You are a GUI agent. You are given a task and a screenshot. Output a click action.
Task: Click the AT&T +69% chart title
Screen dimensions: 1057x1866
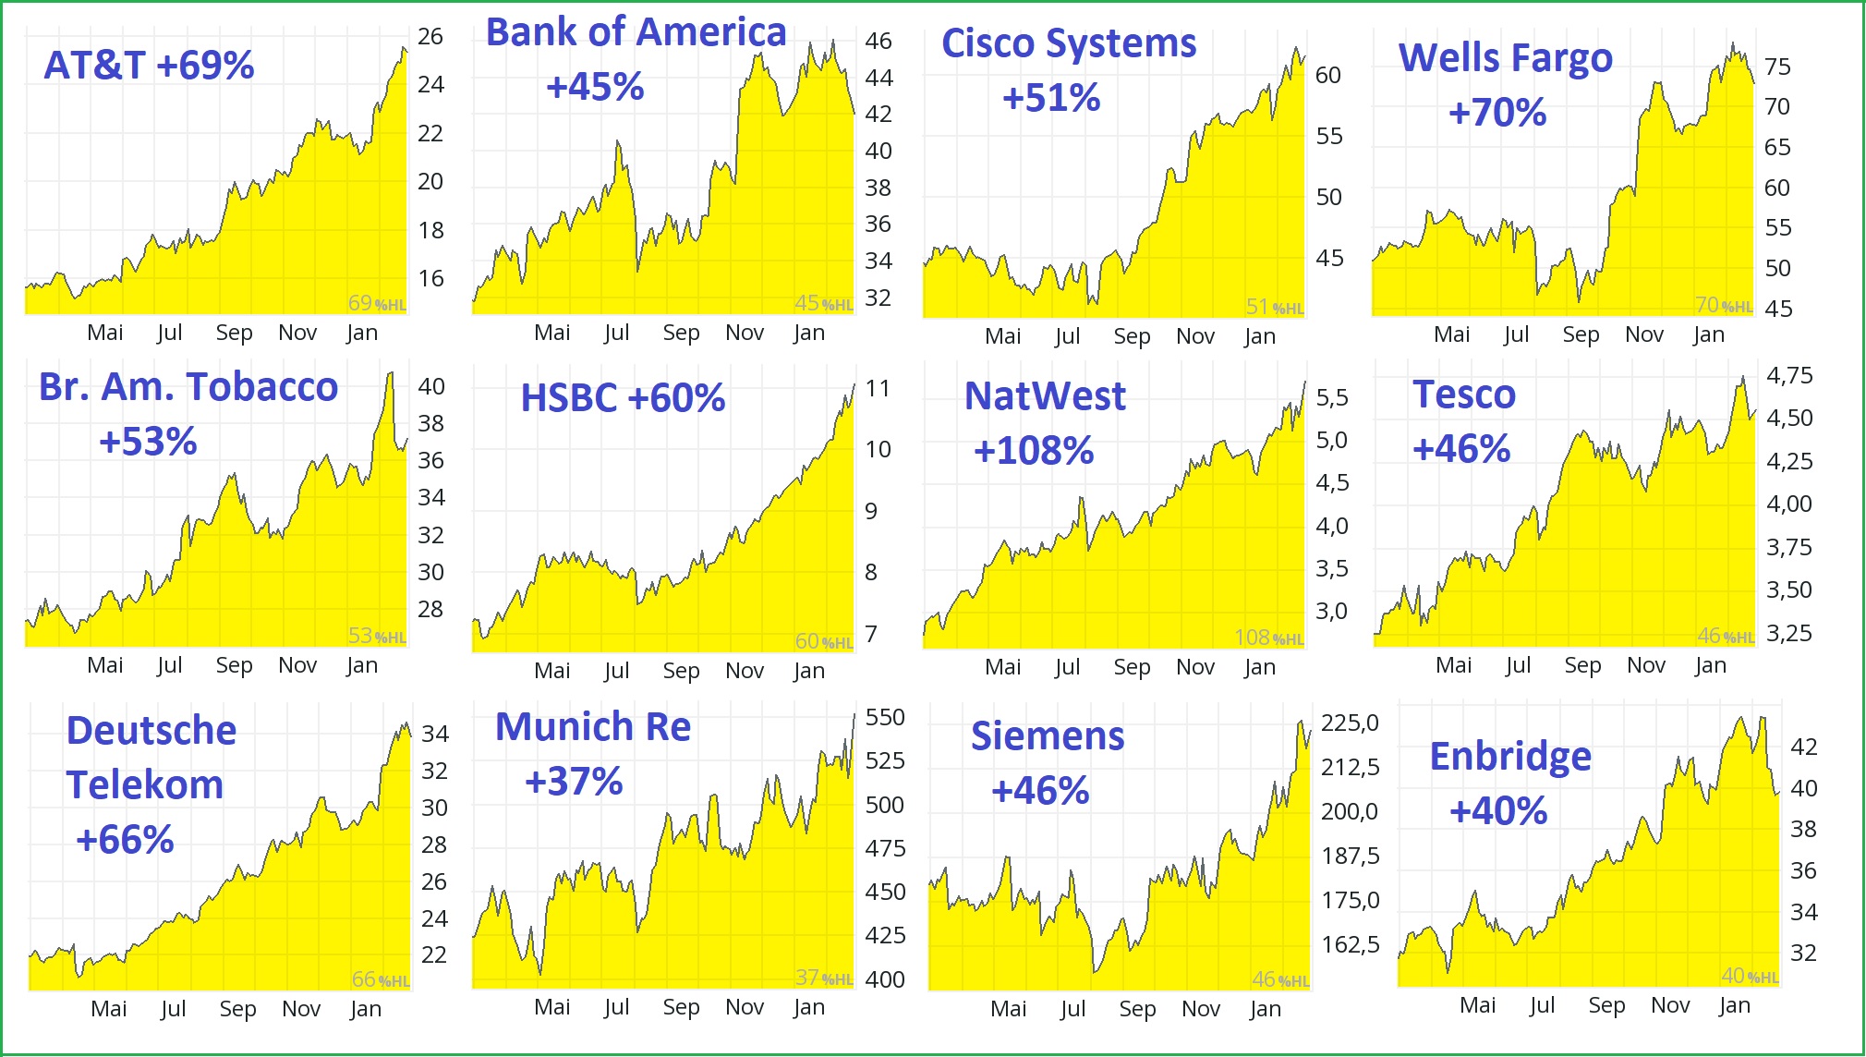149,66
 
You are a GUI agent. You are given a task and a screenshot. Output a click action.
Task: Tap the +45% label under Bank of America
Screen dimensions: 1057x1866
595,88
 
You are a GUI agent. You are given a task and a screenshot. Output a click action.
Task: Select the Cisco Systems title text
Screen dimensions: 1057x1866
1069,43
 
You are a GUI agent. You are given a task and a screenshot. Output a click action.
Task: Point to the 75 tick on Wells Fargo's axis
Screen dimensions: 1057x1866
1777,67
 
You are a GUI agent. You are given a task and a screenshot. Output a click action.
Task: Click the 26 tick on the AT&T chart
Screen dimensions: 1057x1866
430,37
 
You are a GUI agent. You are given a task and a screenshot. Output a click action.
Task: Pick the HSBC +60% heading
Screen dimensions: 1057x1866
623,398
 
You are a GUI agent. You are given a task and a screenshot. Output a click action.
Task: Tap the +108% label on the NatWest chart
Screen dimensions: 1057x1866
1034,452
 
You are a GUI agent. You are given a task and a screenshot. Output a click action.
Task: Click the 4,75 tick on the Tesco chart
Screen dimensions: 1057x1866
1789,376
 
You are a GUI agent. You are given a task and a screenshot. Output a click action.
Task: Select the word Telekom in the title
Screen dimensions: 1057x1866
145,785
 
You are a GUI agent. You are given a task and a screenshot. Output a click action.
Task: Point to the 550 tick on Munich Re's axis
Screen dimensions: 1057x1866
885,718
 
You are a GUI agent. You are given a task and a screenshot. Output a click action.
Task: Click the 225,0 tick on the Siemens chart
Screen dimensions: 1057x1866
1350,723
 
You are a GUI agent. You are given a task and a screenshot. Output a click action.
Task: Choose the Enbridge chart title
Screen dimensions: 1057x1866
1510,757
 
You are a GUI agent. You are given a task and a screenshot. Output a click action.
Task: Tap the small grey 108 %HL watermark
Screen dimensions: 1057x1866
1268,638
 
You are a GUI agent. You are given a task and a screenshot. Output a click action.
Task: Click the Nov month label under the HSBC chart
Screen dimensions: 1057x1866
745,671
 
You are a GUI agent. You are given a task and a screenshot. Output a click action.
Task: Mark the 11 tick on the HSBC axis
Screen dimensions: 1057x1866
878,389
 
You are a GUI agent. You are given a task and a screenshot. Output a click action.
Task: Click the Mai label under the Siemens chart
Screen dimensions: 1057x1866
1009,1009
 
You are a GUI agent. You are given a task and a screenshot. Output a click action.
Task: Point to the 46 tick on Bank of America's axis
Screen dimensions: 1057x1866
878,42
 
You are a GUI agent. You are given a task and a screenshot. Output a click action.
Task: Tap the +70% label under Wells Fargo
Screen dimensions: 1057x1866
1497,114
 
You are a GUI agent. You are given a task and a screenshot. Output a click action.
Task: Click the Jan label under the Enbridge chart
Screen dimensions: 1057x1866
1735,1005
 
